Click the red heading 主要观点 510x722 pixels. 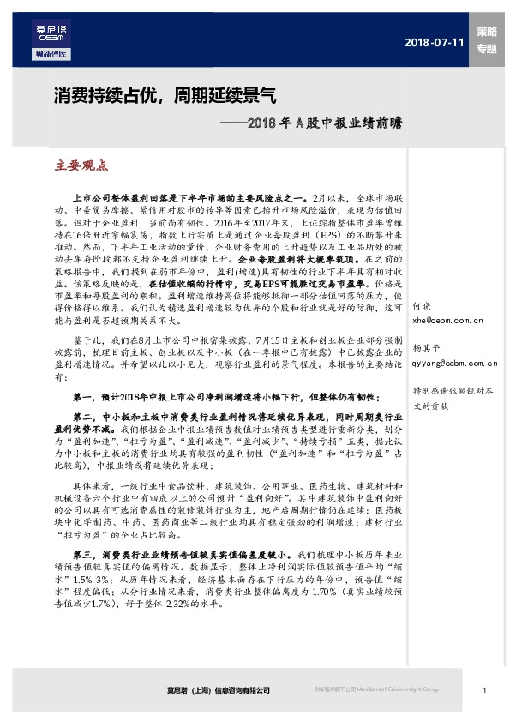(x=81, y=165)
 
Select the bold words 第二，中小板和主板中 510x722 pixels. (x=129, y=415)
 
